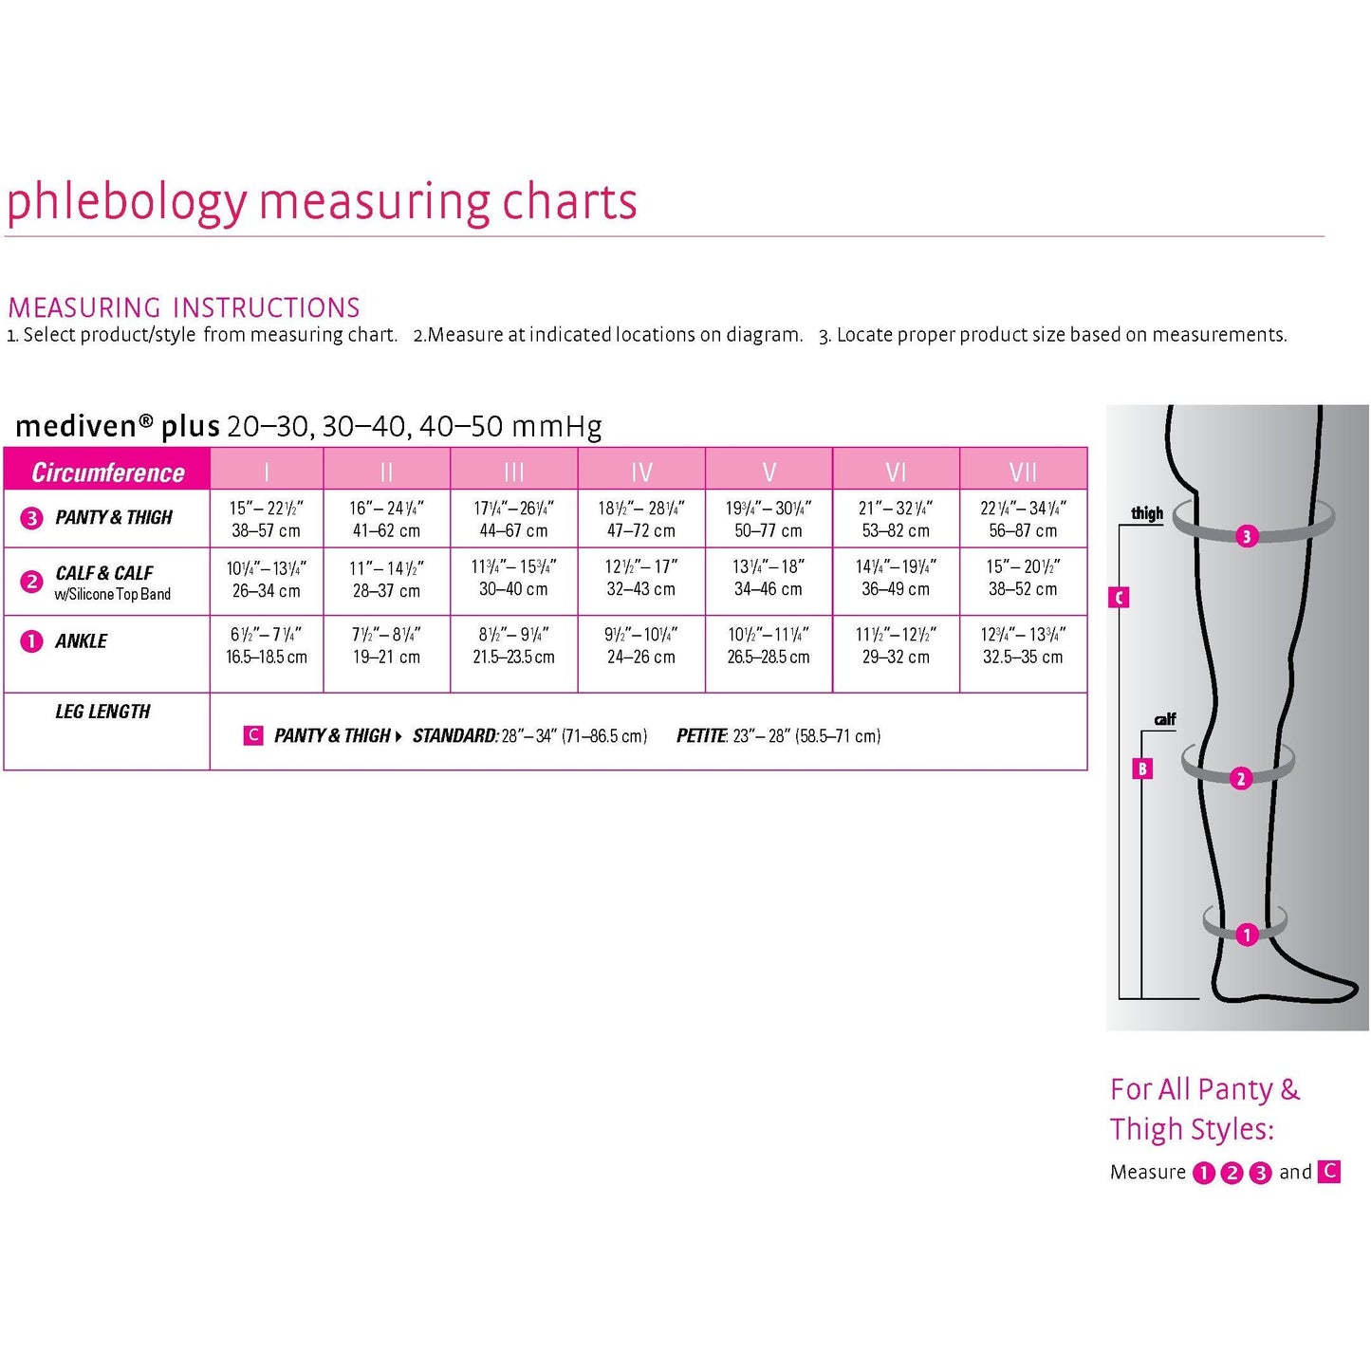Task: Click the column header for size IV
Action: pos(641,472)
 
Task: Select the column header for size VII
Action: pos(1023,472)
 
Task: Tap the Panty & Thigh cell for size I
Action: pos(267,519)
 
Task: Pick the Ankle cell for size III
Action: pos(513,645)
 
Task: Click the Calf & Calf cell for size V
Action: pos(769,578)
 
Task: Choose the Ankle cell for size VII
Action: pos(1023,645)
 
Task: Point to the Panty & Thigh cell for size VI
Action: pos(896,519)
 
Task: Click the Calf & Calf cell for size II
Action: pos(386,579)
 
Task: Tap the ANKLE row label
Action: pos(82,641)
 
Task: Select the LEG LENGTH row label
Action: pos(102,712)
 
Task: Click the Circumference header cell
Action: pos(107,472)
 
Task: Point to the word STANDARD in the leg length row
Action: pos(454,735)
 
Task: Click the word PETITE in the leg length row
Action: pos(701,735)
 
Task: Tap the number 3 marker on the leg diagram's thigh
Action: pos(1247,536)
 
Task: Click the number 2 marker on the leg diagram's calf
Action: pos(1240,779)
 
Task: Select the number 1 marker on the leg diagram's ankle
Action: pos(1247,935)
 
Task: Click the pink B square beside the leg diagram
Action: pos(1142,769)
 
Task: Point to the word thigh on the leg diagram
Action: pos(1147,513)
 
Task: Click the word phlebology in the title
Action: pos(126,202)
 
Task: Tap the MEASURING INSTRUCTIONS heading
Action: pos(184,307)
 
